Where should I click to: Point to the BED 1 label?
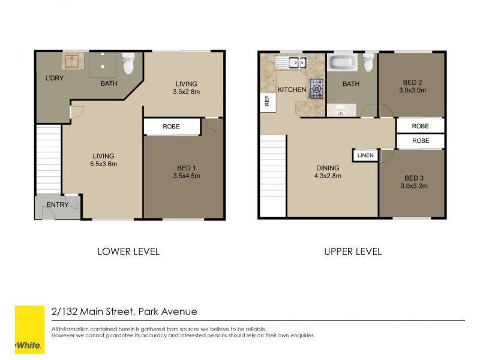pos(186,167)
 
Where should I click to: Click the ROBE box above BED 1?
pos(171,127)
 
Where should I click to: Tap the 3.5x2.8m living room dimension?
pos(186,92)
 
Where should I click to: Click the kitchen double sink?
pos(291,62)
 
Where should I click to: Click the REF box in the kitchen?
pos(266,102)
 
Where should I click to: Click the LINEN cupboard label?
pos(365,155)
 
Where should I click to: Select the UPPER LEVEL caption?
pos(353,251)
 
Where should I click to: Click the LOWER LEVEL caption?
pos(128,251)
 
